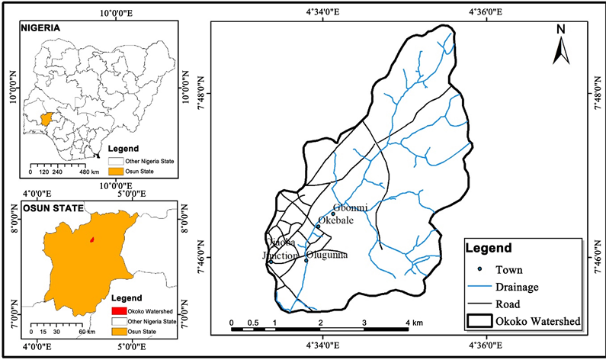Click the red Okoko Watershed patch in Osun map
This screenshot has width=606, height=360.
tap(92, 239)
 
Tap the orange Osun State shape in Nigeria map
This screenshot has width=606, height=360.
tap(50, 119)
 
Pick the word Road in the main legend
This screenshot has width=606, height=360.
tap(509, 304)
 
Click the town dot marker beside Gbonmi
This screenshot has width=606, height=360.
tap(333, 214)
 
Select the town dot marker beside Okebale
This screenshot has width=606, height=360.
tap(318, 226)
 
